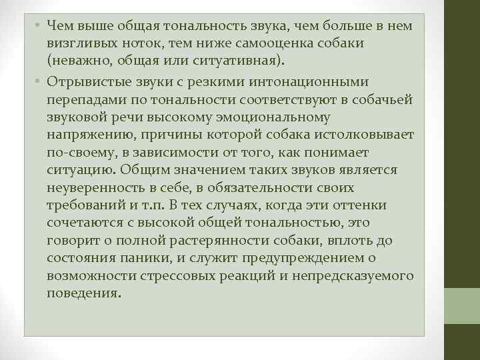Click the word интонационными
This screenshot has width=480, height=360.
[306, 82]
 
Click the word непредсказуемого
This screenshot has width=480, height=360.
[358, 276]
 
